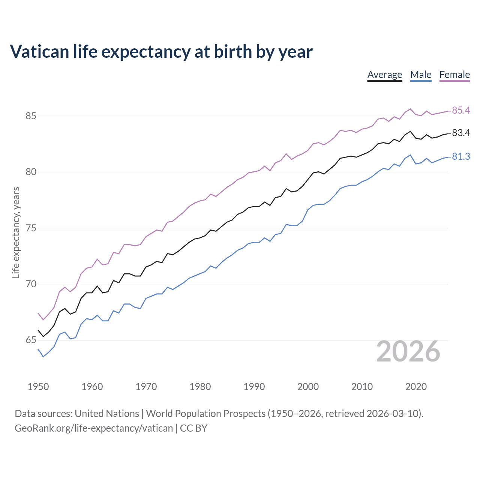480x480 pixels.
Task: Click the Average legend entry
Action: [384, 75]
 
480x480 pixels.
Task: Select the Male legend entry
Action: [420, 75]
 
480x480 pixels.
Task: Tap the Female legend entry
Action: [454, 75]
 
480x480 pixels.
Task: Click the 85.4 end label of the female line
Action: [461, 110]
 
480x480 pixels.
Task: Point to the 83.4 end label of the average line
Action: [461, 133]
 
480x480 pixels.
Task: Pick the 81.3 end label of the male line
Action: [461, 157]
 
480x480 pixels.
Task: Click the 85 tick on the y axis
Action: [31, 116]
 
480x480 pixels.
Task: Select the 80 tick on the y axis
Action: [31, 172]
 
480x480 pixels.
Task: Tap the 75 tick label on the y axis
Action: [31, 228]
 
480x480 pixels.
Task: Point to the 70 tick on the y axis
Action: [31, 284]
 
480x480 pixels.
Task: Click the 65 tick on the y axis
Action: [31, 340]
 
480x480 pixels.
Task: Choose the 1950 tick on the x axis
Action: [38, 387]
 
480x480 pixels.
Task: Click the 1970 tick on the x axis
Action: [146, 387]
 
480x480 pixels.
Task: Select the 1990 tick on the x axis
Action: [254, 387]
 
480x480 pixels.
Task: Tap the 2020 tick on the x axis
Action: [416, 387]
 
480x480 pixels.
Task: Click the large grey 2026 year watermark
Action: [408, 351]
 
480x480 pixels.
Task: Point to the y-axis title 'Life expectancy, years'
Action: [16, 232]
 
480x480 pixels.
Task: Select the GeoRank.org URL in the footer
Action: [94, 428]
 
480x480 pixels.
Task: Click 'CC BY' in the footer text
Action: [193, 428]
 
